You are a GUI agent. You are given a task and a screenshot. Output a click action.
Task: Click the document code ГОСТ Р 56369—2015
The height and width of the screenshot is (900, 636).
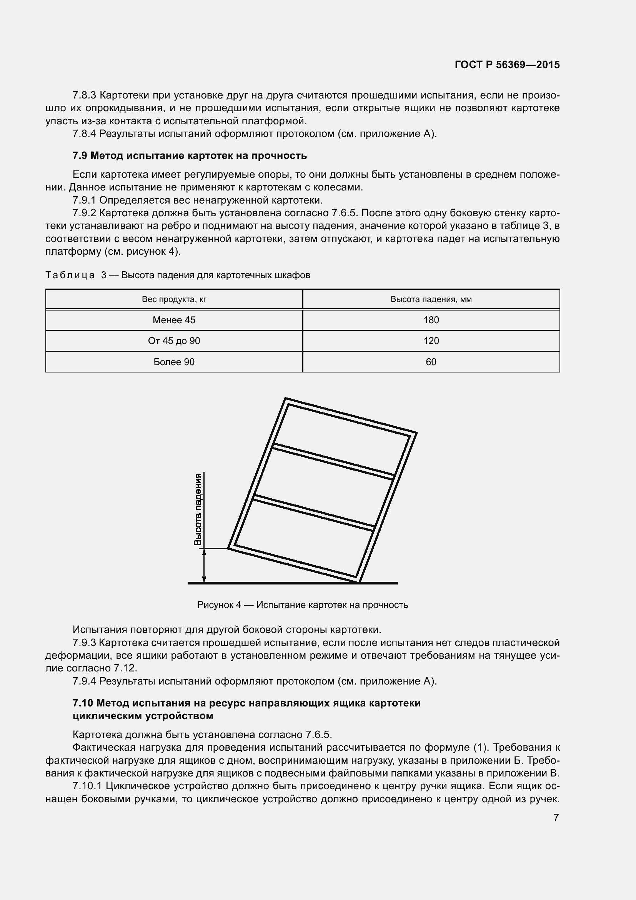[507, 65]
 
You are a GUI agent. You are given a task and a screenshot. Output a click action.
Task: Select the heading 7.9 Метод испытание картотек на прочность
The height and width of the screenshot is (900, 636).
[190, 155]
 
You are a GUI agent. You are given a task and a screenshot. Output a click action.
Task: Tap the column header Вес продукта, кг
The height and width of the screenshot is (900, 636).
[174, 299]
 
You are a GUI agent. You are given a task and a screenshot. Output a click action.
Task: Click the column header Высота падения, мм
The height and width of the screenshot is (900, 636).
[431, 299]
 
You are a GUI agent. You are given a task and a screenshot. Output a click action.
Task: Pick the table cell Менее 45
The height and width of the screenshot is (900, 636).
[174, 320]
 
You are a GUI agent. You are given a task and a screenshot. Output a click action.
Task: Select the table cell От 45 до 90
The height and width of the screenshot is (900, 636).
[174, 341]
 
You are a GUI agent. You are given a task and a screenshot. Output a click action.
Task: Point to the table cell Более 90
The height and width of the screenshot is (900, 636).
[174, 362]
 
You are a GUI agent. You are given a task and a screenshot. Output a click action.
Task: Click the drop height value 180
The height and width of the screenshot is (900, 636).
[431, 320]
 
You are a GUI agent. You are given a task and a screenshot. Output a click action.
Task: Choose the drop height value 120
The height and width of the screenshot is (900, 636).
[431, 341]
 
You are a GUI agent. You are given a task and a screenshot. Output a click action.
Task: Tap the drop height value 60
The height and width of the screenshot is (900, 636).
[431, 362]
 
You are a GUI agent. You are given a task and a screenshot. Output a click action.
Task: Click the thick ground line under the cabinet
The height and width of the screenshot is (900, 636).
[293, 583]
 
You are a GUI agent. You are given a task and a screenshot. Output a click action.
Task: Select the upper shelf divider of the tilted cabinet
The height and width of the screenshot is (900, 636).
[333, 461]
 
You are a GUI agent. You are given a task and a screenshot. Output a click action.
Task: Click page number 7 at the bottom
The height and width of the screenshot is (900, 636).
[556, 817]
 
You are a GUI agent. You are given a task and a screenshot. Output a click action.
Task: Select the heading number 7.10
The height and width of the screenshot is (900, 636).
[83, 703]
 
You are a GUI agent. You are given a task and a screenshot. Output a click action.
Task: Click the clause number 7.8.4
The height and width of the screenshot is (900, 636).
[84, 134]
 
